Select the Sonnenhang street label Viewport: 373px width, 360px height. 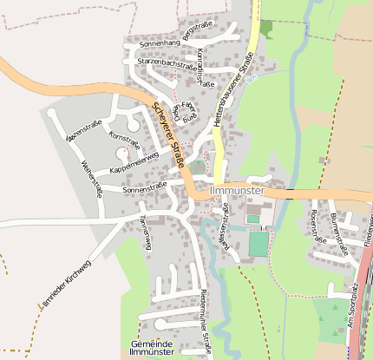coord(160,42)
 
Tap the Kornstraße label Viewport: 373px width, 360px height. coord(124,139)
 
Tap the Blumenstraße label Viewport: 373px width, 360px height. coord(337,235)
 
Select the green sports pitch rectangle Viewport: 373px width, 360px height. coord(258,244)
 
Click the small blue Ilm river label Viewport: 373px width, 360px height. coord(252,81)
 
